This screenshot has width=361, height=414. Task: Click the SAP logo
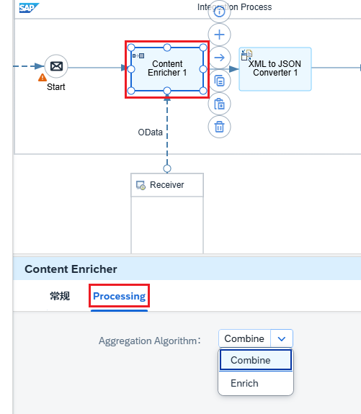[x=29, y=8]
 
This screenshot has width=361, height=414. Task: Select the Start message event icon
[x=56, y=66]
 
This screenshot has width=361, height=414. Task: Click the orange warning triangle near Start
[x=43, y=77]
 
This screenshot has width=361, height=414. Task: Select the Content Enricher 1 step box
[x=167, y=69]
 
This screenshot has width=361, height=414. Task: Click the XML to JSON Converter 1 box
[x=275, y=69]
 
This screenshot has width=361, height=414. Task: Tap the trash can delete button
[x=219, y=127]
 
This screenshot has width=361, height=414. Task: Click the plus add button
[x=219, y=35]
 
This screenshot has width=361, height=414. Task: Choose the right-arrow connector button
[x=219, y=58]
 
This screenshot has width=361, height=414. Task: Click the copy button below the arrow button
[x=219, y=81]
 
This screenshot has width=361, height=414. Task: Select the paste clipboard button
[x=219, y=104]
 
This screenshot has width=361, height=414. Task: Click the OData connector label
[x=150, y=132]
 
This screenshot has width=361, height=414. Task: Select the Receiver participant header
[x=167, y=185]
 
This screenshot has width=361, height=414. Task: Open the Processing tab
[x=119, y=296]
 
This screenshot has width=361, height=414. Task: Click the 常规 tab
[x=60, y=296]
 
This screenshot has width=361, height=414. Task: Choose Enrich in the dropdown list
[x=244, y=383]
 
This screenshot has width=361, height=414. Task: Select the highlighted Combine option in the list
[x=256, y=360]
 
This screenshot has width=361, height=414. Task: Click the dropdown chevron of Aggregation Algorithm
[x=282, y=338]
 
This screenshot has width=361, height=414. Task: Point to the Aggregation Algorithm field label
[x=150, y=341]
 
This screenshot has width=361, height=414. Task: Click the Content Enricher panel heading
[x=71, y=269]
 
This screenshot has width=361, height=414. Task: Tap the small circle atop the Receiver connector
[x=167, y=168]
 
